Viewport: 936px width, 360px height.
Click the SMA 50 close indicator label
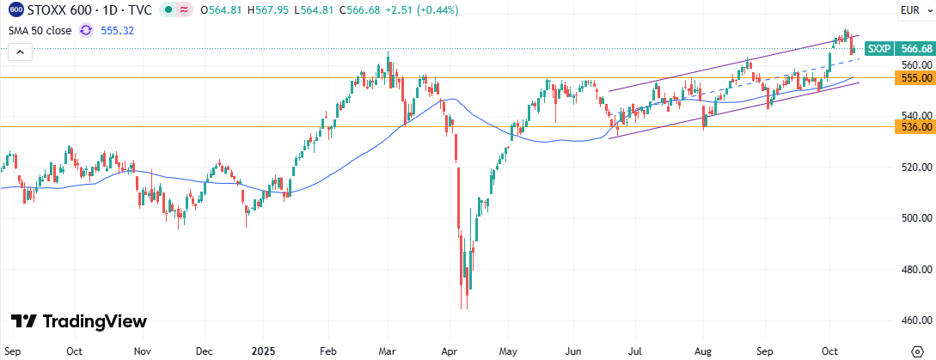[40, 29]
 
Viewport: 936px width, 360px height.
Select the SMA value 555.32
[118, 29]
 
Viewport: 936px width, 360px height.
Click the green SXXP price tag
[878, 49]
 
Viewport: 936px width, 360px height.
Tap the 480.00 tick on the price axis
[915, 268]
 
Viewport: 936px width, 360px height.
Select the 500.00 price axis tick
[915, 217]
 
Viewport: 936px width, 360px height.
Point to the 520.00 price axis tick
[915, 167]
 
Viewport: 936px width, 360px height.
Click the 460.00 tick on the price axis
[915, 320]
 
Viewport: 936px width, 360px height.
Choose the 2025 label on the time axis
[263, 351]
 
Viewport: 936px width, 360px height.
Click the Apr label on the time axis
[447, 351]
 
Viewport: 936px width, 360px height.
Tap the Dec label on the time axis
[204, 351]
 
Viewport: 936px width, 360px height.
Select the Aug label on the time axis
[703, 351]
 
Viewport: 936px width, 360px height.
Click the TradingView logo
[79, 321]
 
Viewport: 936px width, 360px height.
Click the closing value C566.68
[367, 10]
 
